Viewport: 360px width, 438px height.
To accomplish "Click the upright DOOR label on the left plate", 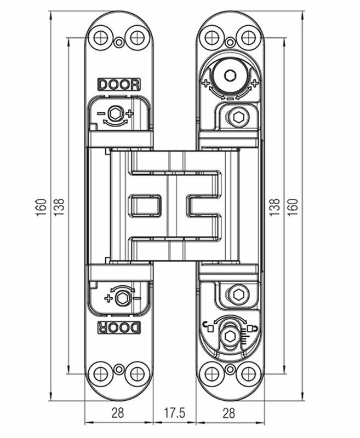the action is pos(119,85).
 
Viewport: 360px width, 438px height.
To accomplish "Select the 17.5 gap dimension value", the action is pos(174,413).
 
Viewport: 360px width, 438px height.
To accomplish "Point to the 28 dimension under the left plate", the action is pos(118,413).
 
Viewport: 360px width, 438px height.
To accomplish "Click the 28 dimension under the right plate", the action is pos(229,413).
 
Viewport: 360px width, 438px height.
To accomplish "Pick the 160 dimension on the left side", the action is pos(41,207).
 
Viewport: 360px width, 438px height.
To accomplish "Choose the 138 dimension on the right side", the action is pos(275,207).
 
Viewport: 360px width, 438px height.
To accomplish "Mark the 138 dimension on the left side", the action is pos(59,207).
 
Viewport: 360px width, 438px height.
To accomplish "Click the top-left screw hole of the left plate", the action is pos(101,37).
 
